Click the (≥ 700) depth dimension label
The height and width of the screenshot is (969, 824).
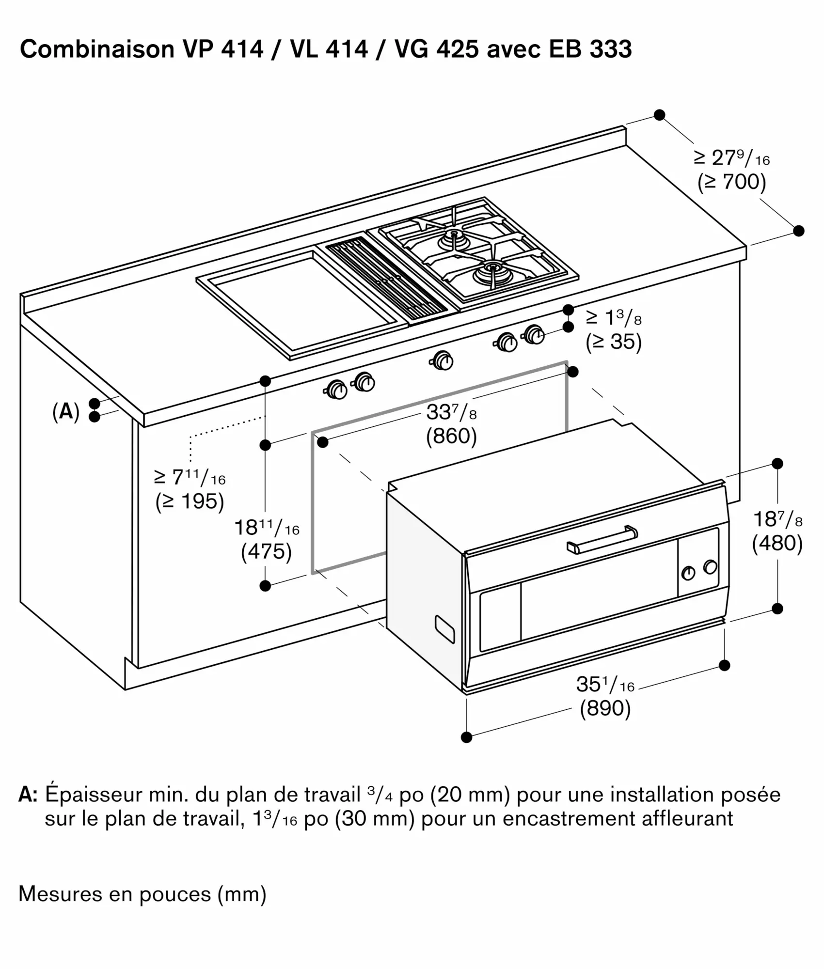click(x=731, y=182)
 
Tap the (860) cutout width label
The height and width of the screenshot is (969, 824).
click(x=451, y=437)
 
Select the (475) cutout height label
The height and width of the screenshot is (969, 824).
click(x=266, y=552)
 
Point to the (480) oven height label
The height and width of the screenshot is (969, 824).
click(x=777, y=543)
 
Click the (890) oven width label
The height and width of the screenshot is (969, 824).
click(x=605, y=708)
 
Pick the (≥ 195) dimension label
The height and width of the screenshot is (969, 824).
click(x=190, y=501)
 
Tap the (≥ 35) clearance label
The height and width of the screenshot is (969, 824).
click(x=613, y=342)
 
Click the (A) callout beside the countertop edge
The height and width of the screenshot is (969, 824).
click(x=66, y=411)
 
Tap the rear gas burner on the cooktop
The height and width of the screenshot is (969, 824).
click(x=455, y=237)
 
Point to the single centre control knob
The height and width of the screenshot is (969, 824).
click(x=442, y=360)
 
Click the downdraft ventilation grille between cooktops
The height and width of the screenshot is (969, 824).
click(x=385, y=281)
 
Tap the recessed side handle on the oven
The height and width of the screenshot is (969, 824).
click(x=444, y=629)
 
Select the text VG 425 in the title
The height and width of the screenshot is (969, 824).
click(x=437, y=49)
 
